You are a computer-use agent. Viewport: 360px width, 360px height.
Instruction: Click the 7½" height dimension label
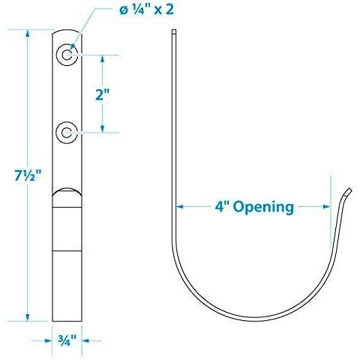(x=28, y=175)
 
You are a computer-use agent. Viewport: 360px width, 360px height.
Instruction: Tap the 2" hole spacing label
(x=103, y=94)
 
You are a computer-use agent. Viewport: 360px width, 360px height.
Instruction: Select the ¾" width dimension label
(x=67, y=340)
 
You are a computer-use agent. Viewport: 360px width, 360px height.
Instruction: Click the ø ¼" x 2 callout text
(x=146, y=10)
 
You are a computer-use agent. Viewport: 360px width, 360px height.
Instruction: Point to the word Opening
(x=263, y=208)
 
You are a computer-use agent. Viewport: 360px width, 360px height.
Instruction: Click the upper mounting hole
(x=67, y=55)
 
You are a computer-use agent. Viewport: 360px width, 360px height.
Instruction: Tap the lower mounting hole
(x=67, y=133)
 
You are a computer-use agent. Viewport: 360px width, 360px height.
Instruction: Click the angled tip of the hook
(x=348, y=193)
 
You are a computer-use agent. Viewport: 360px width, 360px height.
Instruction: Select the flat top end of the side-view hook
(x=174, y=31)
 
